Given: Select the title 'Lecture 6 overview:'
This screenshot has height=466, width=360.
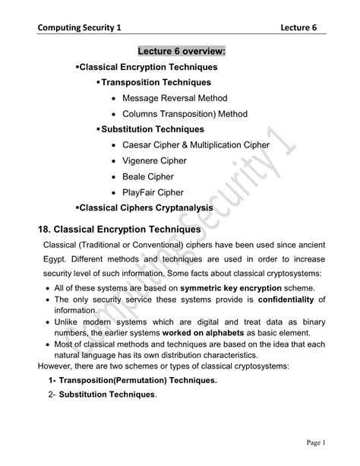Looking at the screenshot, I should click(x=182, y=51).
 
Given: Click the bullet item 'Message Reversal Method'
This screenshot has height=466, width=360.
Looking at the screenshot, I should click(x=175, y=98).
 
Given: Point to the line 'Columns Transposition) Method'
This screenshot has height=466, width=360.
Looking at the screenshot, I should click(x=185, y=114).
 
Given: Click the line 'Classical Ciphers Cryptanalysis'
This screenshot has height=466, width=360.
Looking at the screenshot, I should click(x=147, y=207).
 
